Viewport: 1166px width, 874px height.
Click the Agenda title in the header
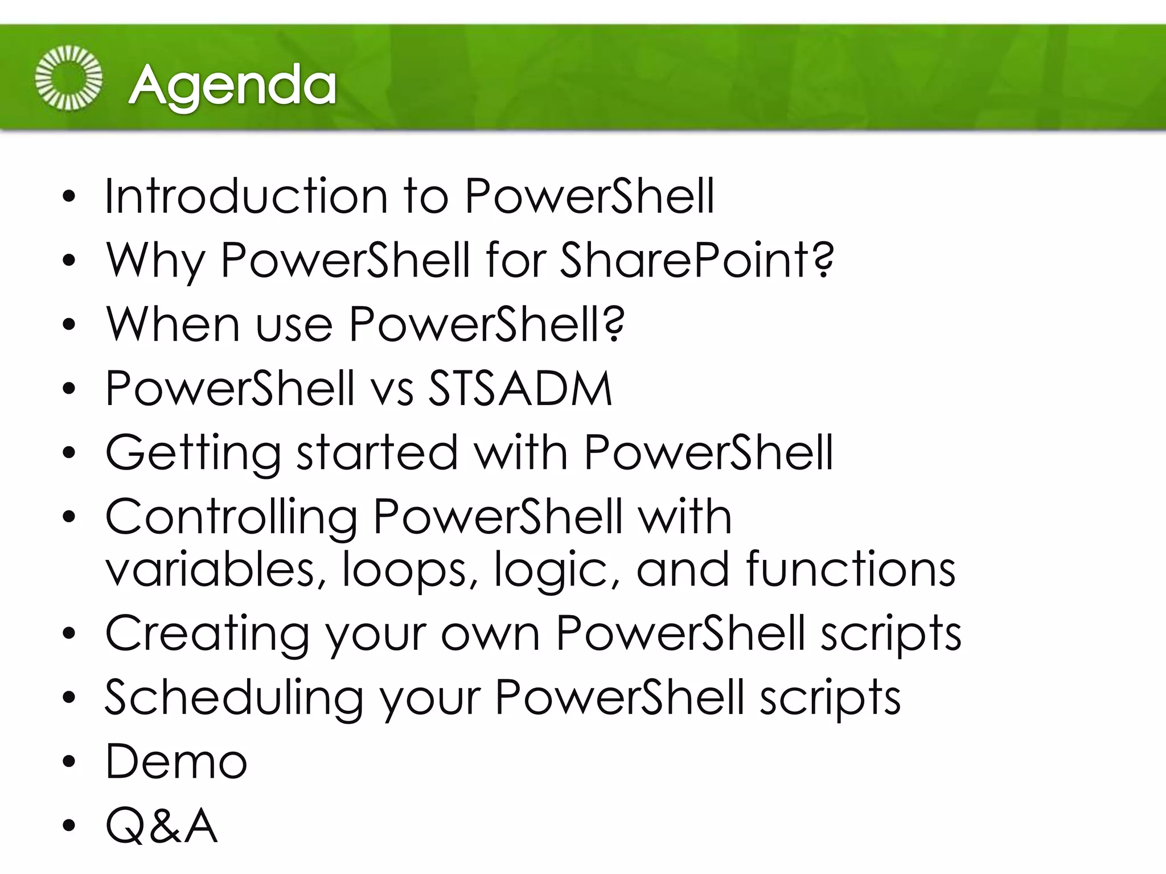tap(232, 85)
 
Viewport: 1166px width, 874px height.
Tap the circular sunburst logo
tap(68, 78)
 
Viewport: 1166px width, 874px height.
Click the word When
tap(173, 324)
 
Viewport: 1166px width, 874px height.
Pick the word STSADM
tap(520, 389)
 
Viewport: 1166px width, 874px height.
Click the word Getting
tap(193, 454)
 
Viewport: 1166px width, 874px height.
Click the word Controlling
tap(231, 518)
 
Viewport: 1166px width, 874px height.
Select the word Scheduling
tap(233, 698)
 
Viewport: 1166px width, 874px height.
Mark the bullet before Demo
tap(69, 762)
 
